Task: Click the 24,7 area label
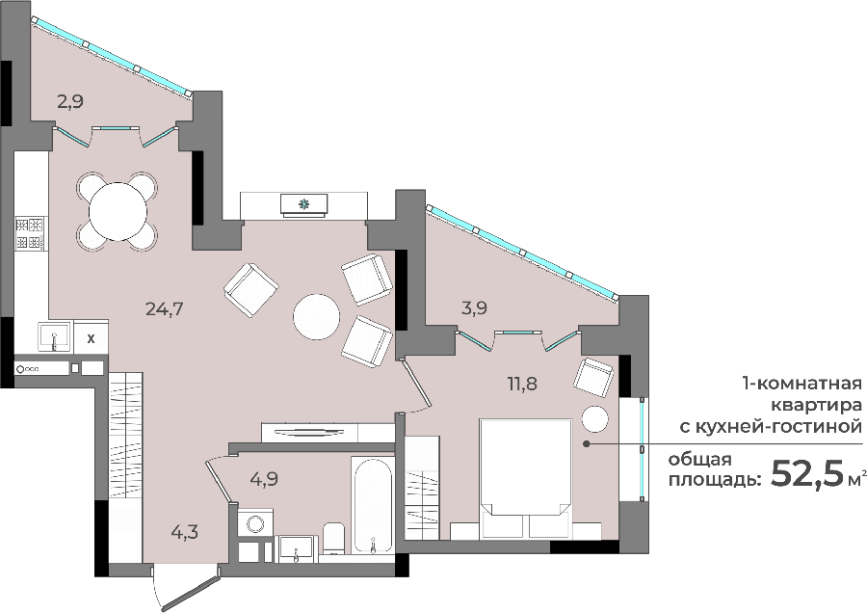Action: tap(164, 308)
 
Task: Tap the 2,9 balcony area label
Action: tap(70, 102)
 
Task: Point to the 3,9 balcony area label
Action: tap(474, 308)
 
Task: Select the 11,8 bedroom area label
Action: tap(522, 383)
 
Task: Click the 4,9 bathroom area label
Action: tap(264, 479)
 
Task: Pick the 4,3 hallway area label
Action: tap(184, 533)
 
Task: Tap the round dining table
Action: tap(118, 211)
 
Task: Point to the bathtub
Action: tap(372, 504)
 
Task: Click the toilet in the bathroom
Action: tap(333, 537)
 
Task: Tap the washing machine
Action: tap(255, 522)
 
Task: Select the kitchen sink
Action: tap(54, 337)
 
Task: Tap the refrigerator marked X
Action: tap(92, 338)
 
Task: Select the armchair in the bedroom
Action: tap(593, 377)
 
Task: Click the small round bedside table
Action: tap(595, 418)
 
